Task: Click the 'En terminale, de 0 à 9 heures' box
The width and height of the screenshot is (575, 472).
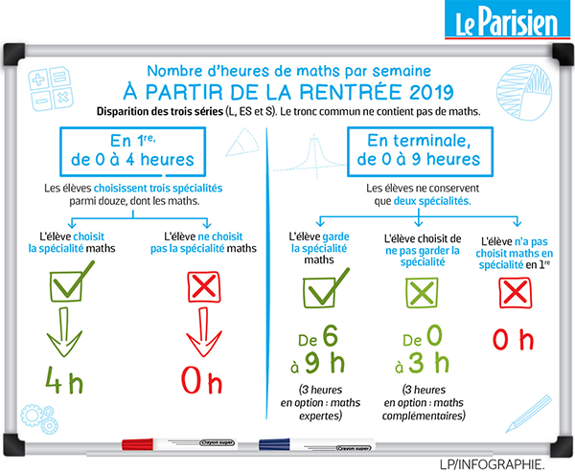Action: pyautogui.click(x=415, y=149)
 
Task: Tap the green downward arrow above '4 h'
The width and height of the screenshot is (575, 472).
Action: pyautogui.click(x=68, y=335)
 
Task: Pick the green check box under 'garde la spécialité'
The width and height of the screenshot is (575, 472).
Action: pyautogui.click(x=318, y=289)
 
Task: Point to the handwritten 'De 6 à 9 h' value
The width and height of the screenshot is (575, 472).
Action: pyautogui.click(x=318, y=351)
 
